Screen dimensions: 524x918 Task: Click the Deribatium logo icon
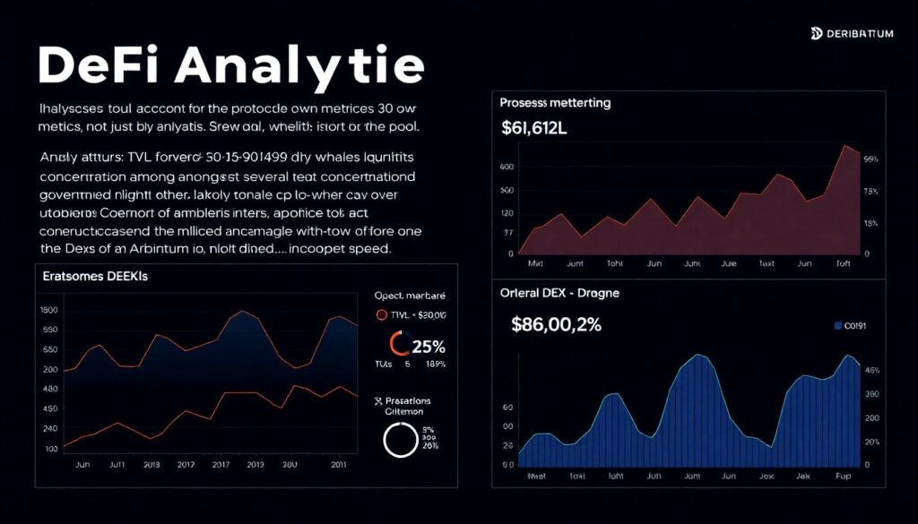[x=816, y=34]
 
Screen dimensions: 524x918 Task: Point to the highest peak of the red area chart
[x=844, y=147]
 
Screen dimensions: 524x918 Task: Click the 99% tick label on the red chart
[x=870, y=159]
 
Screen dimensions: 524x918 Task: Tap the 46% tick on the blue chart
[x=870, y=370]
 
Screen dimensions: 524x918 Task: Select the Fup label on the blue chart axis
[x=842, y=477]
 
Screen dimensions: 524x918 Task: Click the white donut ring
[x=400, y=440]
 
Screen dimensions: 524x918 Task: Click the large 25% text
[x=428, y=346]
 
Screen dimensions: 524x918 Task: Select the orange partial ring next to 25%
[x=398, y=344]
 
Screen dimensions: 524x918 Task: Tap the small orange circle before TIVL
[x=381, y=315]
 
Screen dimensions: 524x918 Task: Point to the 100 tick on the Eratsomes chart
[x=50, y=447]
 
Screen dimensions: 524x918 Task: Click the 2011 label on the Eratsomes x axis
[x=340, y=465]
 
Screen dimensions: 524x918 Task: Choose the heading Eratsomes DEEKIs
[x=95, y=278]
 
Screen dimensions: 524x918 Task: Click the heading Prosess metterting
[x=555, y=103]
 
